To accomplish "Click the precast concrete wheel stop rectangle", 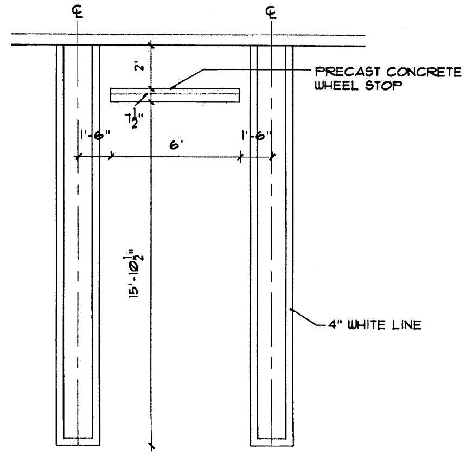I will coord(175,95).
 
